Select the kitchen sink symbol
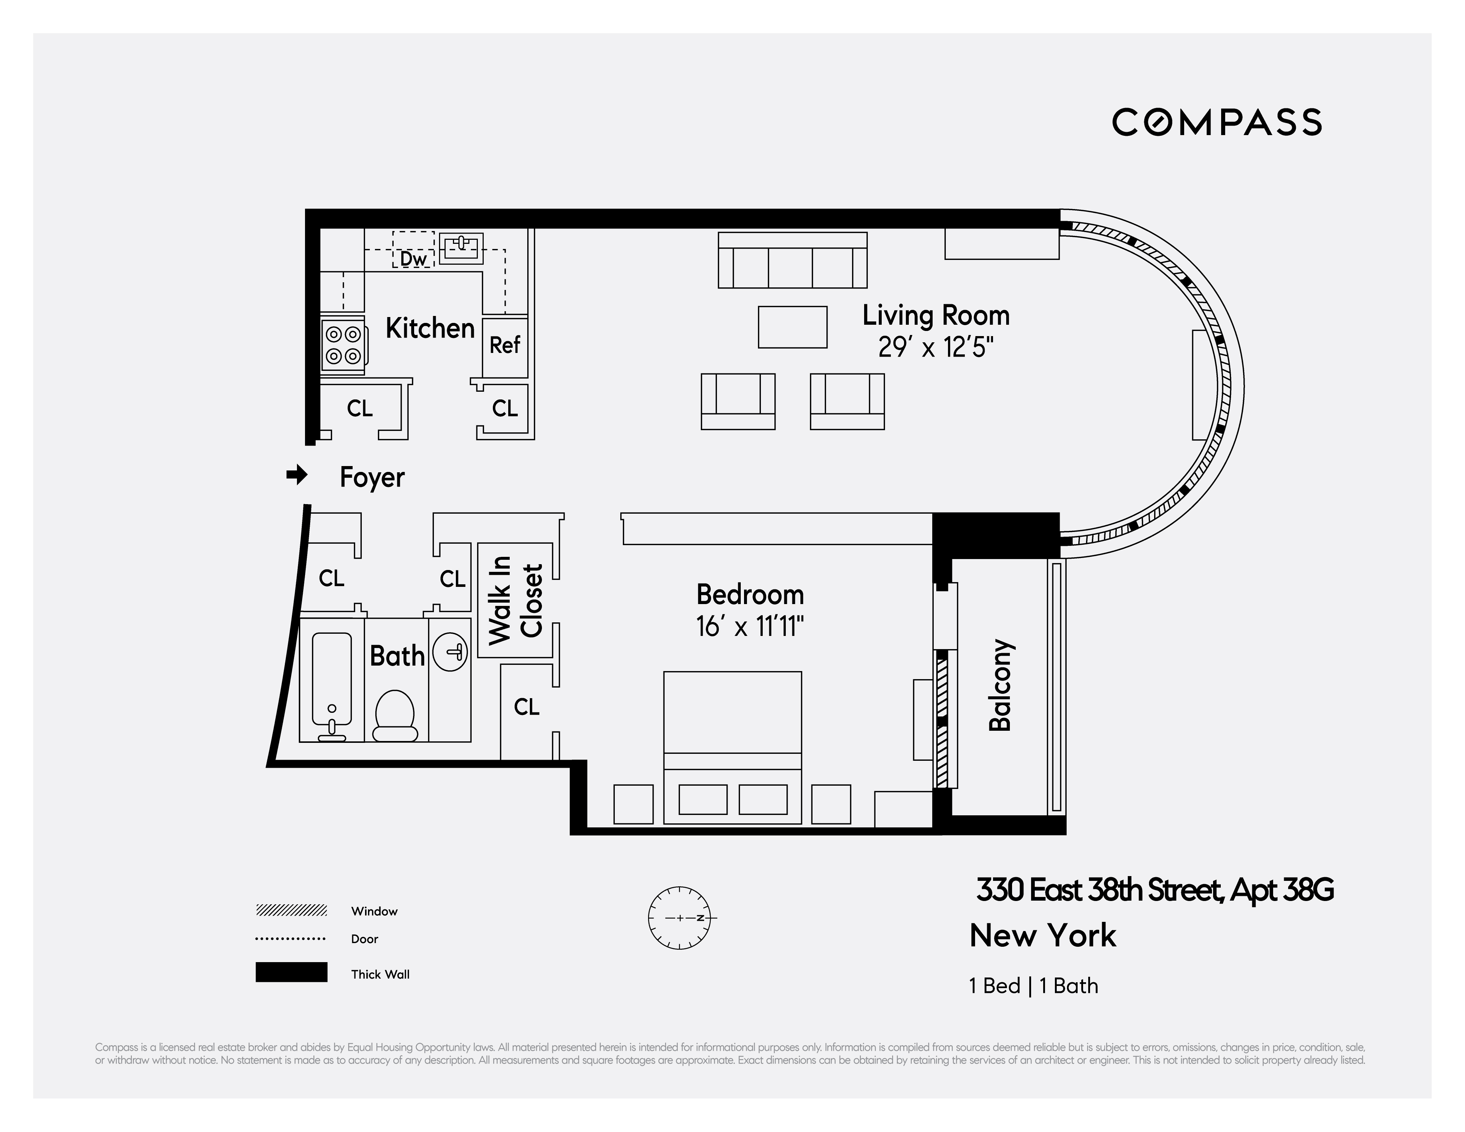click(x=461, y=248)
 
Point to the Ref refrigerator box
click(x=505, y=345)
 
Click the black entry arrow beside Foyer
click(x=297, y=476)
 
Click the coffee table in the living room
click(x=792, y=327)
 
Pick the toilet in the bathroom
click(x=394, y=716)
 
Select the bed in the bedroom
click(x=732, y=747)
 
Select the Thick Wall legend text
click(x=380, y=975)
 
